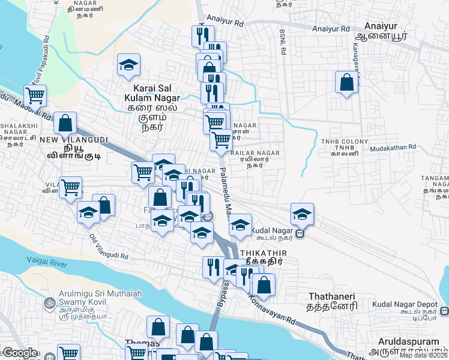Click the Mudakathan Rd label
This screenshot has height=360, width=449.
[393, 147]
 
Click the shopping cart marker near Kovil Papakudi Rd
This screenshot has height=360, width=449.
[35, 95]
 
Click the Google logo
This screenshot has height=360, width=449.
[20, 353]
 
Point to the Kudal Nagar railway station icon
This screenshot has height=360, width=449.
[299, 233]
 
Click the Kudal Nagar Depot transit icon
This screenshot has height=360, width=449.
[445, 311]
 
